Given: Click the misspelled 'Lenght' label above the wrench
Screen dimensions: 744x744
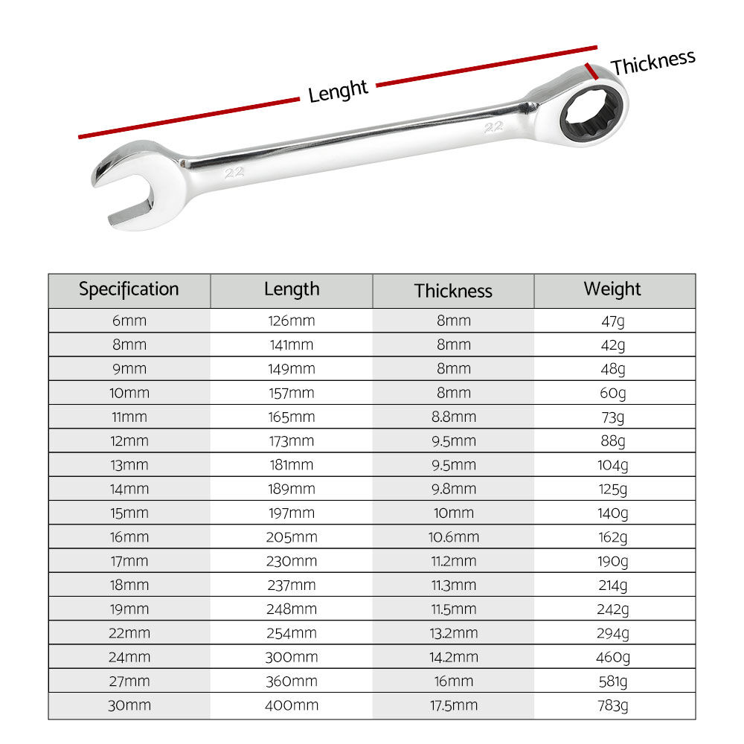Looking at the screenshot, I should [338, 92].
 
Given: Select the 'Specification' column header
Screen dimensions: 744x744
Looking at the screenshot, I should [129, 289].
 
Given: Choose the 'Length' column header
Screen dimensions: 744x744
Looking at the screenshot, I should [292, 289].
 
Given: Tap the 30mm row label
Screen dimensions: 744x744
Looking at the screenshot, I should [129, 705].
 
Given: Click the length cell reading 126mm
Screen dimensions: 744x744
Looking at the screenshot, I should [292, 321].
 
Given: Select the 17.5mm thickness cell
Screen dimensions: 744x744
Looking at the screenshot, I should [453, 705].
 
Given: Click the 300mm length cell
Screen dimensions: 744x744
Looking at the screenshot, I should [292, 657].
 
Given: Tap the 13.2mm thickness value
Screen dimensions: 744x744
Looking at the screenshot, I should [453, 633].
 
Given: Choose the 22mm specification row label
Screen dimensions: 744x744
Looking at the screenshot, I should [129, 633].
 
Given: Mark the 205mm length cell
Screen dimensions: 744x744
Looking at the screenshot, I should [292, 537].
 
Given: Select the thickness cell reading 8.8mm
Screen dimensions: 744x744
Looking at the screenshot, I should [453, 417].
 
